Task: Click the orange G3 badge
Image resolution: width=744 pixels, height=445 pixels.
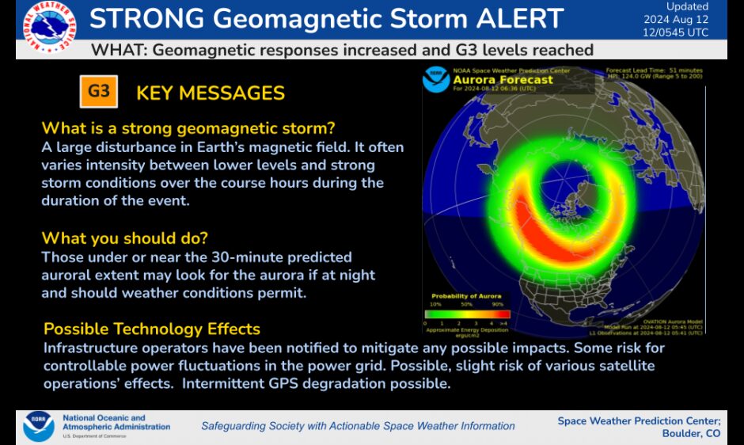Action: click(x=99, y=91)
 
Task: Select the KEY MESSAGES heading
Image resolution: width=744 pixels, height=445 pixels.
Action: click(x=211, y=93)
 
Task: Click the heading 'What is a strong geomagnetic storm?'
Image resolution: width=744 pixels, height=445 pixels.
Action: click(x=188, y=128)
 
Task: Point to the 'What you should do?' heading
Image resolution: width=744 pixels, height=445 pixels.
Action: click(x=131, y=238)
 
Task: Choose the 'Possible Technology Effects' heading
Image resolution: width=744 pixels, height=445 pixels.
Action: click(x=152, y=329)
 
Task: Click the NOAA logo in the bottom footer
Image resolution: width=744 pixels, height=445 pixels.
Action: click(x=38, y=425)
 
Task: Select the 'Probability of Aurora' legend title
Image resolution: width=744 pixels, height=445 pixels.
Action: click(x=467, y=296)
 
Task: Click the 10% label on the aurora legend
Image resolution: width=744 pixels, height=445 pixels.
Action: click(x=435, y=304)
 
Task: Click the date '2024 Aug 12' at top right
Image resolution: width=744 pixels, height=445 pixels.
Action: click(x=676, y=20)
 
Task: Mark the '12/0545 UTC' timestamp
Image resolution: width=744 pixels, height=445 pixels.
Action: click(x=676, y=32)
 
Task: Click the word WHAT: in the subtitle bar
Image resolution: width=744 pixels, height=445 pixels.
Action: click(x=120, y=50)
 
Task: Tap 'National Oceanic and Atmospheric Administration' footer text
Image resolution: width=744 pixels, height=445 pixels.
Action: click(x=116, y=423)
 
